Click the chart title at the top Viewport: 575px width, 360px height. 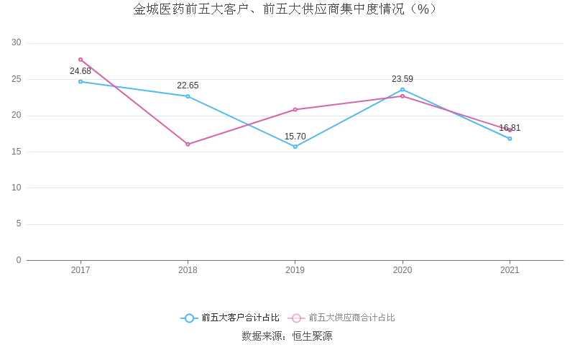click(x=285, y=9)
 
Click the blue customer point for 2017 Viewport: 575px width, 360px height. click(x=80, y=81)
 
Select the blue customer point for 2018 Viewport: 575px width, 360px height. click(x=188, y=96)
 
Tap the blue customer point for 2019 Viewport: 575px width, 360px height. click(x=295, y=147)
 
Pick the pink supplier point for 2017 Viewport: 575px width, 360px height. click(x=80, y=60)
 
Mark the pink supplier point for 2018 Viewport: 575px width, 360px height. click(x=188, y=144)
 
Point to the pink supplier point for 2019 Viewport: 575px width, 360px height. click(x=295, y=109)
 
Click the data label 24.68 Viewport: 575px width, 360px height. click(x=80, y=71)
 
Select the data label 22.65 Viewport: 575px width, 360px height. click(x=188, y=86)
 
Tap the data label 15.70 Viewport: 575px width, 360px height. click(x=295, y=137)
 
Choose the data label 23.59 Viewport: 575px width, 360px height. click(x=402, y=79)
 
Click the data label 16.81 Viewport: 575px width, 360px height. click(x=510, y=128)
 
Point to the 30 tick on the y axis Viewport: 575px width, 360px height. click(x=17, y=43)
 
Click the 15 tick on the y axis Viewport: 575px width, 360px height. click(x=17, y=152)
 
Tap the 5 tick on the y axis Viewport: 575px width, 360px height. click(x=19, y=224)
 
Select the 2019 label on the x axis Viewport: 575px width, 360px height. click(x=295, y=270)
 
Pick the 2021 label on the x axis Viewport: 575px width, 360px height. click(x=510, y=270)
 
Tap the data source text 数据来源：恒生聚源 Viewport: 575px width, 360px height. click(x=287, y=336)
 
